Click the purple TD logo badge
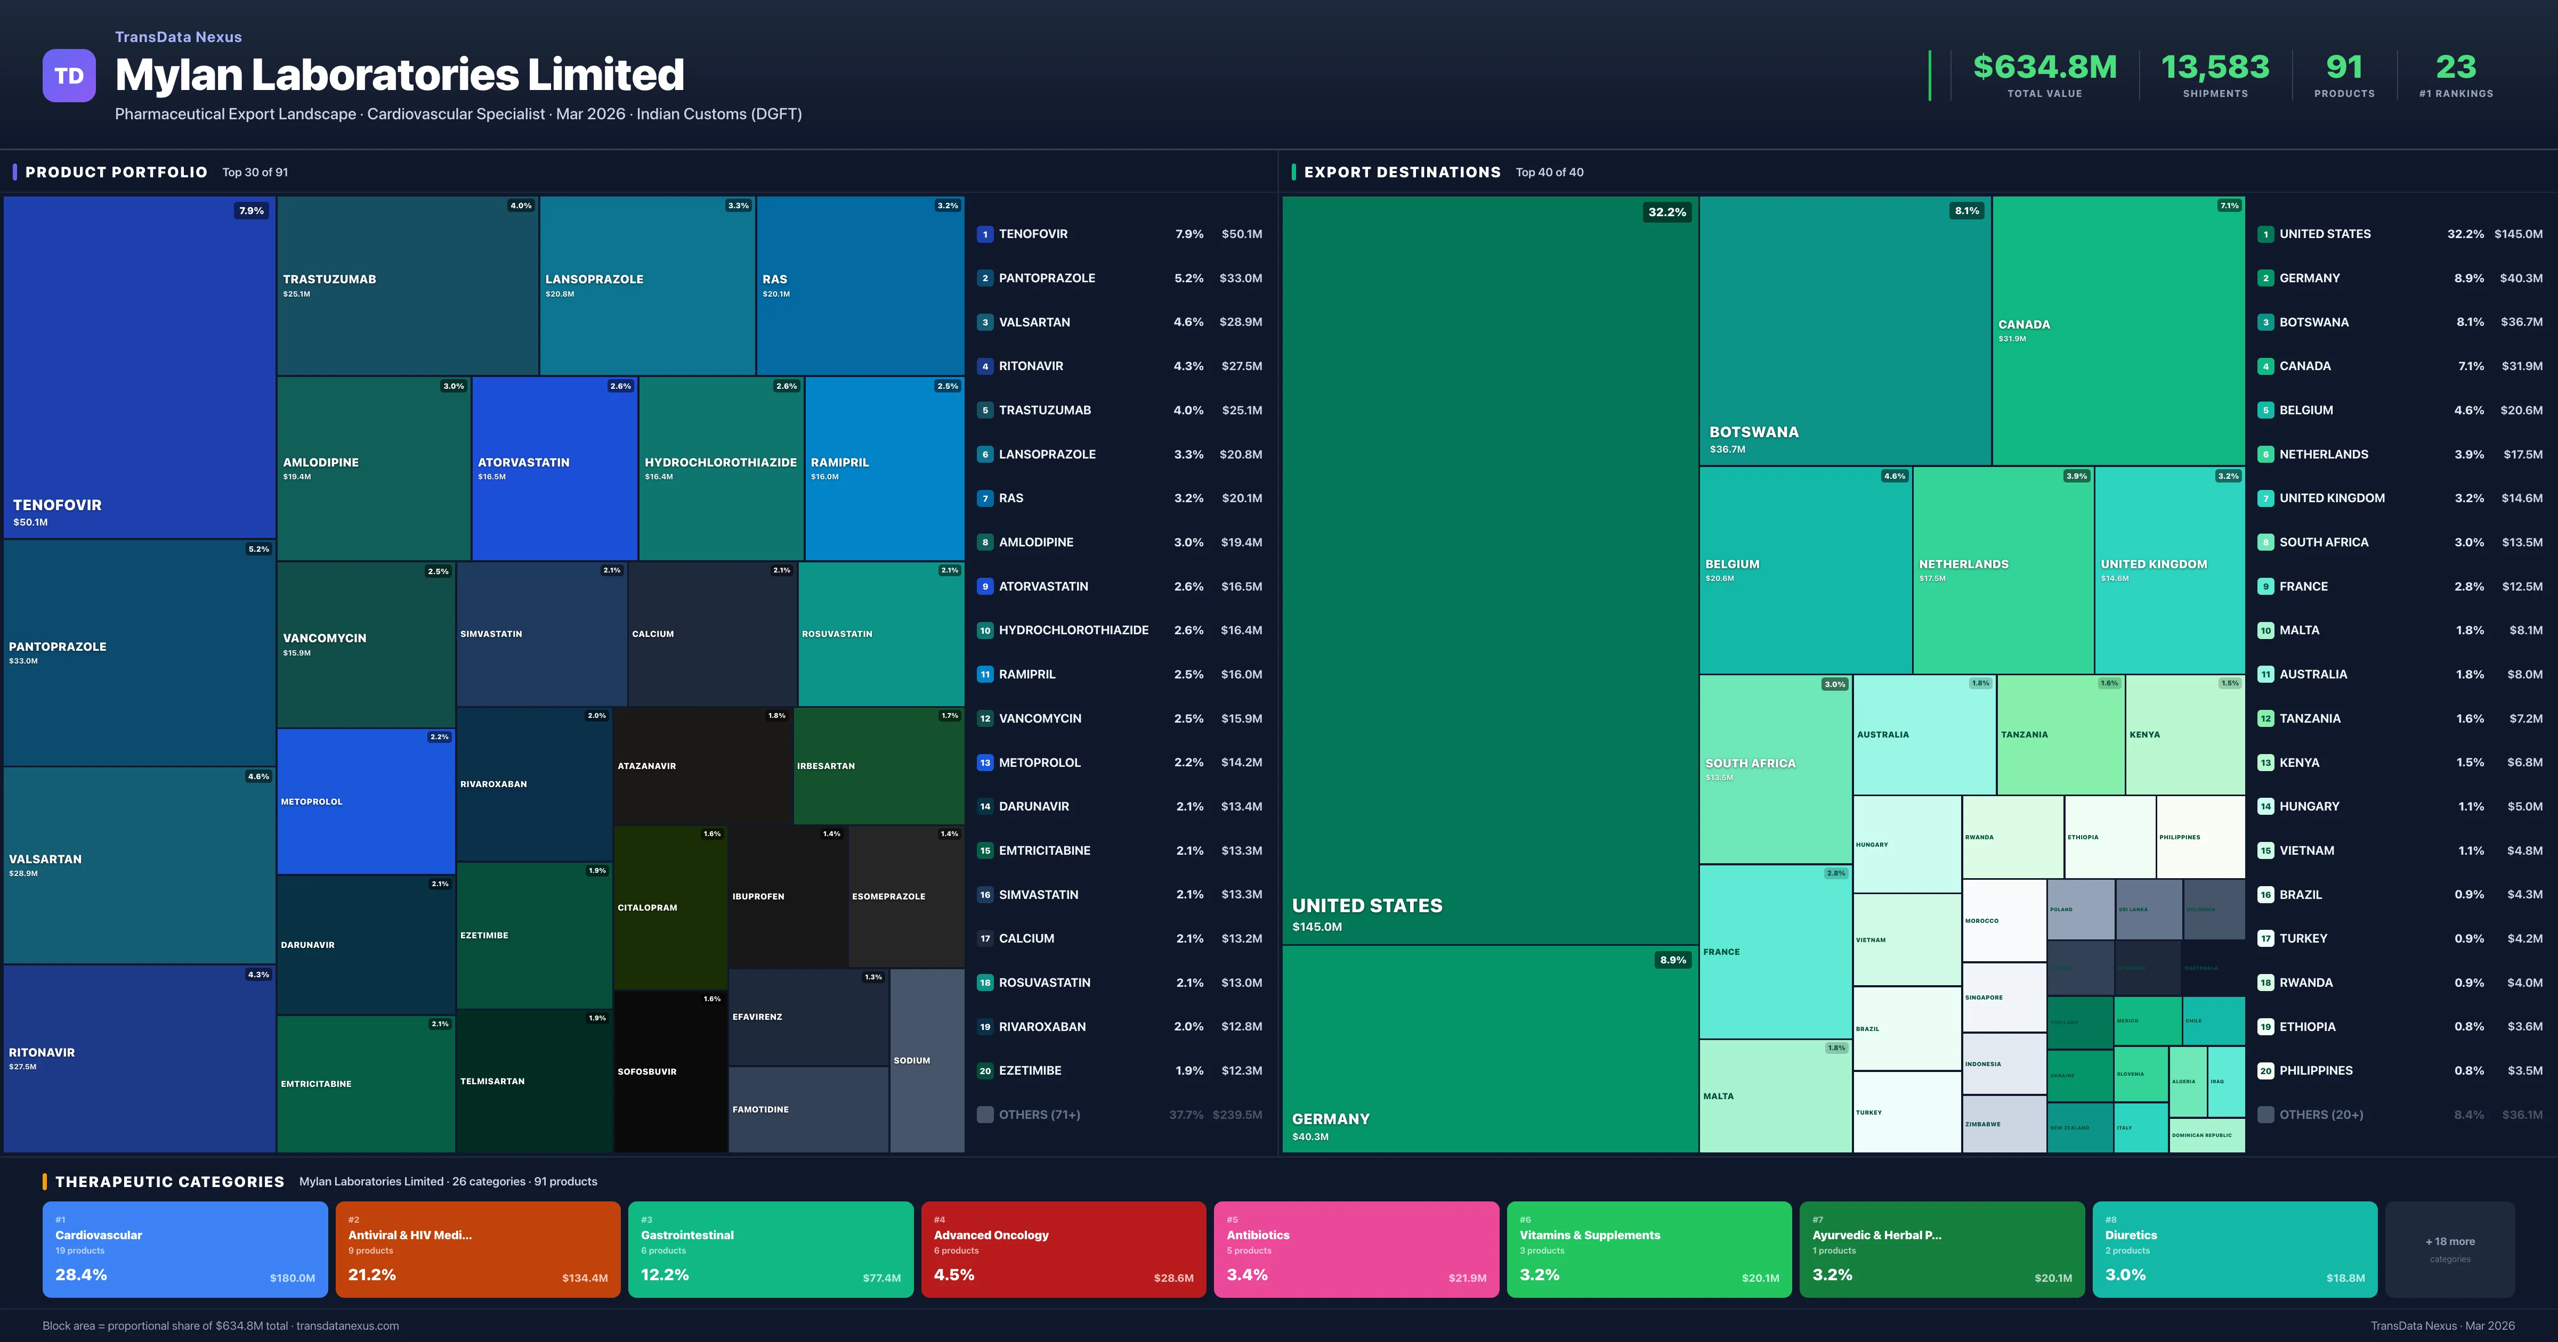coord(69,76)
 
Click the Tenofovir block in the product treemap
coord(139,367)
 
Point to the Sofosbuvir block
coord(670,1071)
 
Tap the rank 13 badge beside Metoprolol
coord(985,762)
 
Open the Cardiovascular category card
coord(185,1249)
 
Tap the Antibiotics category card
coord(1355,1249)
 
